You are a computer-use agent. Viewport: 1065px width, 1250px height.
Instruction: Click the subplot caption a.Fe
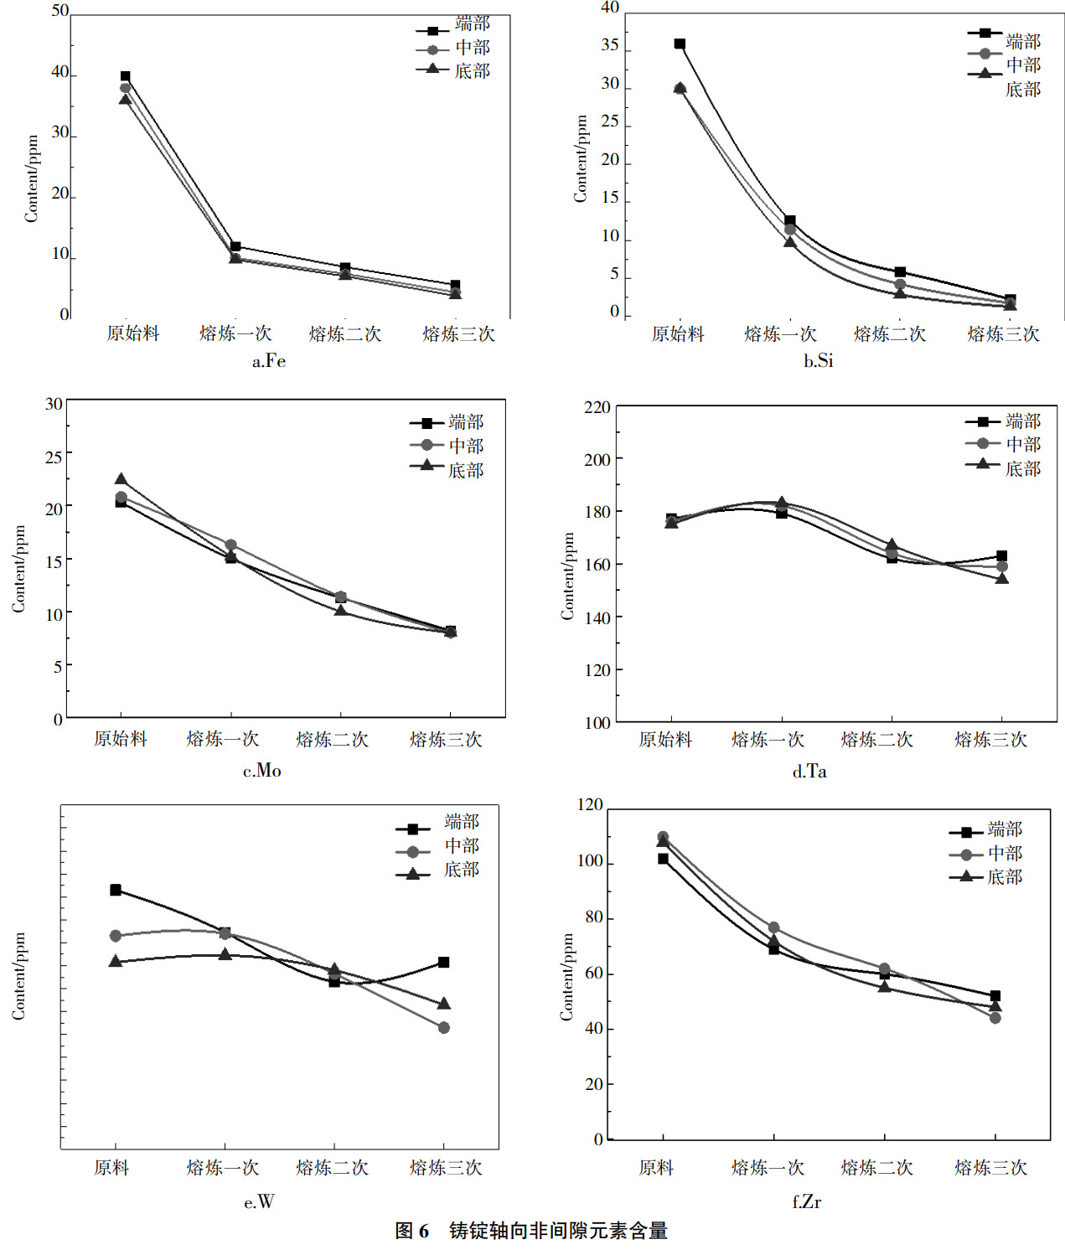point(269,361)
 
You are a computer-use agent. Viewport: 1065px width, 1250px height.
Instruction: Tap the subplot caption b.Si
point(818,361)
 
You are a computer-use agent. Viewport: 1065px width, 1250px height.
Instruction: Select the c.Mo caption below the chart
point(262,771)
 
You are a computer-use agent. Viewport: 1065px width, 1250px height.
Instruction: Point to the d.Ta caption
point(809,772)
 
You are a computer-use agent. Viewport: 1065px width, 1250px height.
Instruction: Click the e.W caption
point(259,1202)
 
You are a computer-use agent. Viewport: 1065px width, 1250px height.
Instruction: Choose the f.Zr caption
point(806,1202)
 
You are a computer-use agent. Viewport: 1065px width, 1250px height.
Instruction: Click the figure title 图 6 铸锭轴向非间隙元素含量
point(531,1231)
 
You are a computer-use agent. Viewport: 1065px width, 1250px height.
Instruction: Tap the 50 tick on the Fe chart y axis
point(60,11)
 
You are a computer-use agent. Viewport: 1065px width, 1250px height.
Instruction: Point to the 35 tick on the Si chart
point(610,46)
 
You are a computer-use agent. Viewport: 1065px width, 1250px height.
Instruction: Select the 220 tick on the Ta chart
point(597,408)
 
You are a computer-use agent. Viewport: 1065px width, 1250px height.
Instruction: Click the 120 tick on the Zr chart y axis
point(590,805)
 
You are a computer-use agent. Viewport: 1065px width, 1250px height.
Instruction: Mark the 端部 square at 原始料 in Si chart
point(680,44)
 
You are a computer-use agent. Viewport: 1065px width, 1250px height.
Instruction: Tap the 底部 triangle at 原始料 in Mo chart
point(121,480)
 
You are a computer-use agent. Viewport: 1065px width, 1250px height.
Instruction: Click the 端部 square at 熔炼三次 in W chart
point(444,963)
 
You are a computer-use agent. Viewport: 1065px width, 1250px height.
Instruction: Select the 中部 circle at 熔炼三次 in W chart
point(444,1028)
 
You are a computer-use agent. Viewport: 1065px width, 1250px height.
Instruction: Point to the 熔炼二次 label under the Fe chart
point(345,334)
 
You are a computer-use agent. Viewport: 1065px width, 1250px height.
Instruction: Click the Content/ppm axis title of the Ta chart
point(567,576)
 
